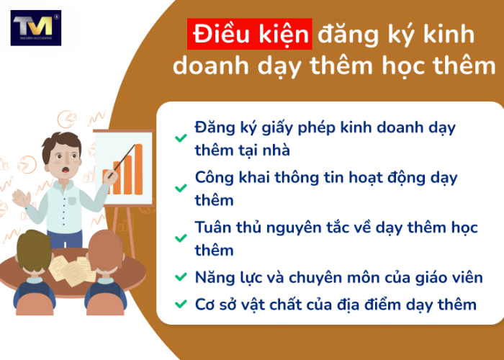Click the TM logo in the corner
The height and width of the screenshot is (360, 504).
[36, 28]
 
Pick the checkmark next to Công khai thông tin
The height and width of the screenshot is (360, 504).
[180, 188]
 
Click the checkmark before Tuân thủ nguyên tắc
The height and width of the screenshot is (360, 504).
[180, 238]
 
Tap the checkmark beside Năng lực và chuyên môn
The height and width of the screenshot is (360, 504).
[180, 277]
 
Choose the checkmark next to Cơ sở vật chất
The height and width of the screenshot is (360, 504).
[180, 305]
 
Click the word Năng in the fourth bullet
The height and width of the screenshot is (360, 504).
[215, 276]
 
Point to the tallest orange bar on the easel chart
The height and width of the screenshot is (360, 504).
[138, 168]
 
